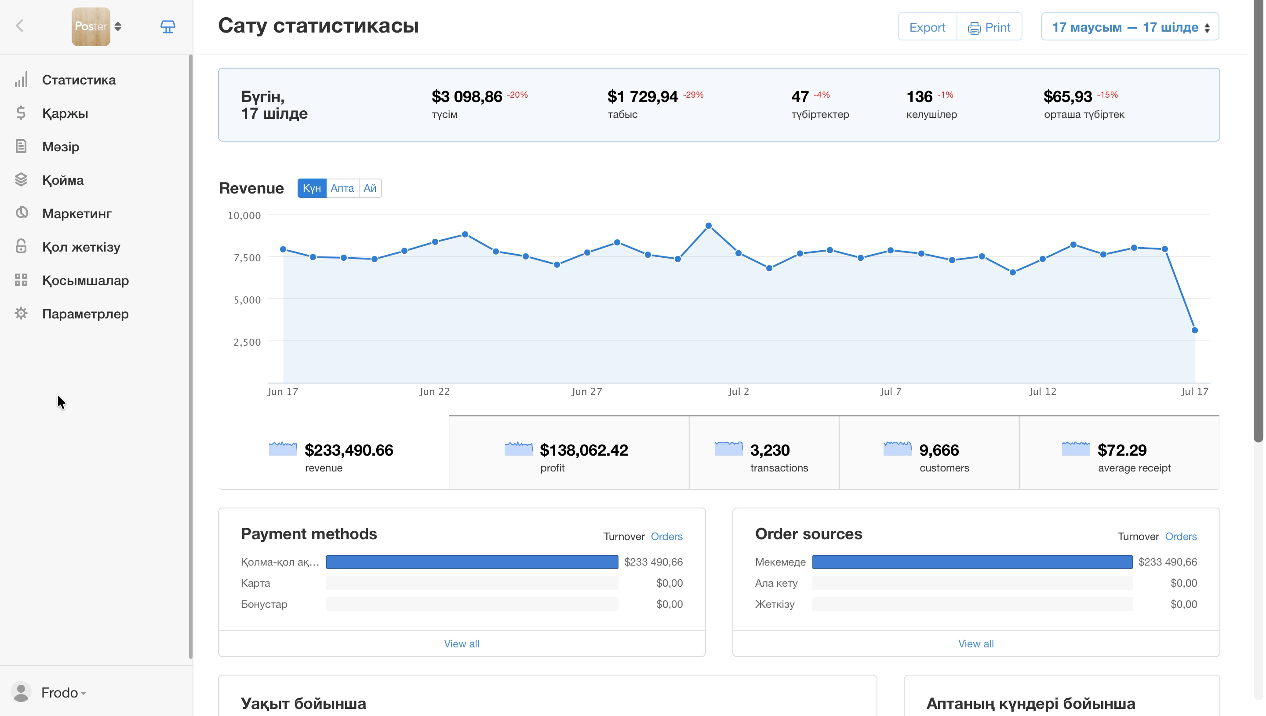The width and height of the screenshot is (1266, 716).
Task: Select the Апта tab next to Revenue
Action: coord(342,188)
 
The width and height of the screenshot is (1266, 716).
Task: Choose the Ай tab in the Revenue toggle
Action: coord(371,188)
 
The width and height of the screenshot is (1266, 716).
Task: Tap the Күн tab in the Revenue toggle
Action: coord(312,188)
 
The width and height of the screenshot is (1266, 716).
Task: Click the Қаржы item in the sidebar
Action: coord(65,113)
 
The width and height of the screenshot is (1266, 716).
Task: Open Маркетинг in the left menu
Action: coord(76,214)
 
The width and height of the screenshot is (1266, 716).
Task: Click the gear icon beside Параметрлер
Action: coord(21,314)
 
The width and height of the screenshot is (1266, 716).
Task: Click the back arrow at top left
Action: coord(20,26)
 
